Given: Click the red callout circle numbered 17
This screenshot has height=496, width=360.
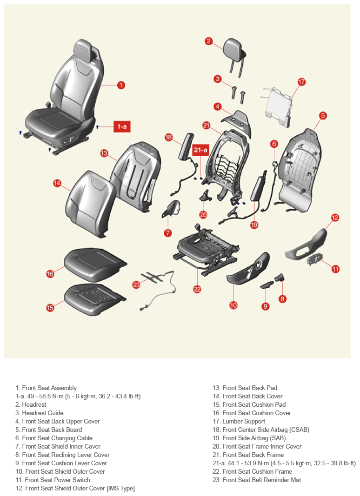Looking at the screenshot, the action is point(301,82).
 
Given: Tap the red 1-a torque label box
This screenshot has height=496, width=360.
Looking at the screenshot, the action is point(122,126).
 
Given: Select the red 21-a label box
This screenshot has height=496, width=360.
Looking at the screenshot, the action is point(201,150).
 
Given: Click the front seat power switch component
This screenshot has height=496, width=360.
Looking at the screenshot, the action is point(315,259).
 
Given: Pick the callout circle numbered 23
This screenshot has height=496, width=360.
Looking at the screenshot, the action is point(136,284).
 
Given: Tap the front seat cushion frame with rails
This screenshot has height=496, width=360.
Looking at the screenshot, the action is point(206,250).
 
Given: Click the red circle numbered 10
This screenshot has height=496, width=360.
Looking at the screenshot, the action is point(233,305).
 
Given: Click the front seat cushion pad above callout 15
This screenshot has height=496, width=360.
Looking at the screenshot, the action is point(95,299).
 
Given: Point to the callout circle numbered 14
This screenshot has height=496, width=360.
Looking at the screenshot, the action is point(57,183).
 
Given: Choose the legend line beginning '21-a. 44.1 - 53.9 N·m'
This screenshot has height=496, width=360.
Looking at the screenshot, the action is point(284,463).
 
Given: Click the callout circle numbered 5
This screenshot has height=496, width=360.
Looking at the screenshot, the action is point(323,115).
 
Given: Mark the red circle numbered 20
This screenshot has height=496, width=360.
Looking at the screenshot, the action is point(203,215).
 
